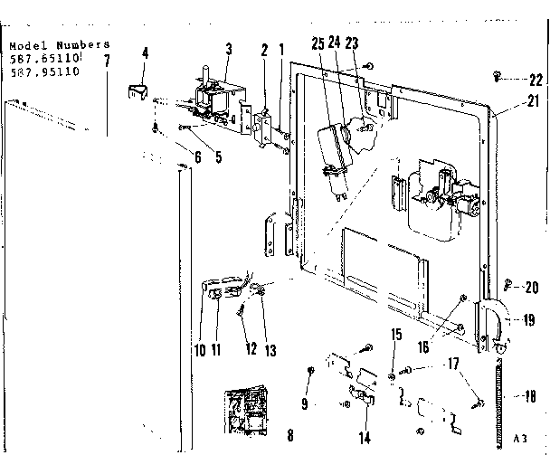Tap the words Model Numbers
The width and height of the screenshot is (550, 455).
pos(58,43)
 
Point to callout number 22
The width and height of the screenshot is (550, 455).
pos(536,79)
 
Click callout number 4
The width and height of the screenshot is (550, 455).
pos(144,54)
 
